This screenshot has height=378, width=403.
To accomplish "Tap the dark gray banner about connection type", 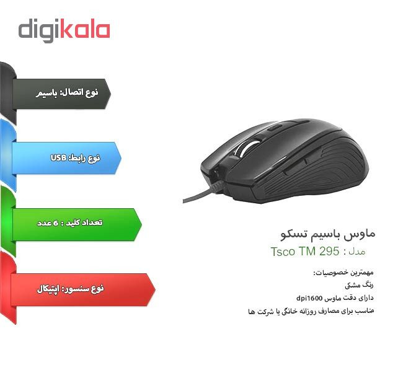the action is pyautogui.click(x=61, y=94).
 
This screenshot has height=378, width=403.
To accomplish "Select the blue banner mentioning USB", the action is pyautogui.click(x=66, y=158).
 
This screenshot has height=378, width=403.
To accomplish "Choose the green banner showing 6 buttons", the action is pyautogui.click(x=77, y=224).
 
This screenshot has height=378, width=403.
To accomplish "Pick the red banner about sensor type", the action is pyautogui.click(x=83, y=289).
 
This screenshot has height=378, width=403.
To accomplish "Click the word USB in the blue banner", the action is pyautogui.click(x=59, y=157).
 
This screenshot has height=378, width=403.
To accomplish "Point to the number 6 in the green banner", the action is pyautogui.click(x=56, y=222).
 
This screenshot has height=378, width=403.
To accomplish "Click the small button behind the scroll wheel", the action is pyautogui.click(x=275, y=127).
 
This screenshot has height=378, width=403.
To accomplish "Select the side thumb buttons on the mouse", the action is pyautogui.click(x=303, y=162).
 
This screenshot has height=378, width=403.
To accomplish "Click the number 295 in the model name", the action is pyautogui.click(x=329, y=251).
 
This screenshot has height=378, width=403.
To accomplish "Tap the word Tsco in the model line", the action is pyautogui.click(x=283, y=252).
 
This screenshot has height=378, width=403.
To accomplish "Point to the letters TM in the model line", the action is pyautogui.click(x=307, y=251).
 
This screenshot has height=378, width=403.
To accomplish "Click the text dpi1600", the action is pyautogui.click(x=309, y=299).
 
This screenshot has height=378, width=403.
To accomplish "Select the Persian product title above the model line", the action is pyautogui.click(x=328, y=234).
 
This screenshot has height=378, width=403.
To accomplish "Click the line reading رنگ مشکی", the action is pyautogui.click(x=359, y=285).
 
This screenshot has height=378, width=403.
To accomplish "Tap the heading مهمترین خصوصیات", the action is pyautogui.click(x=343, y=272).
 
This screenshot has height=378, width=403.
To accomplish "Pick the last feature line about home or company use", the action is pyautogui.click(x=311, y=311).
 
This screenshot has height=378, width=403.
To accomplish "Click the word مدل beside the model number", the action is pyautogui.click(x=357, y=252).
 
